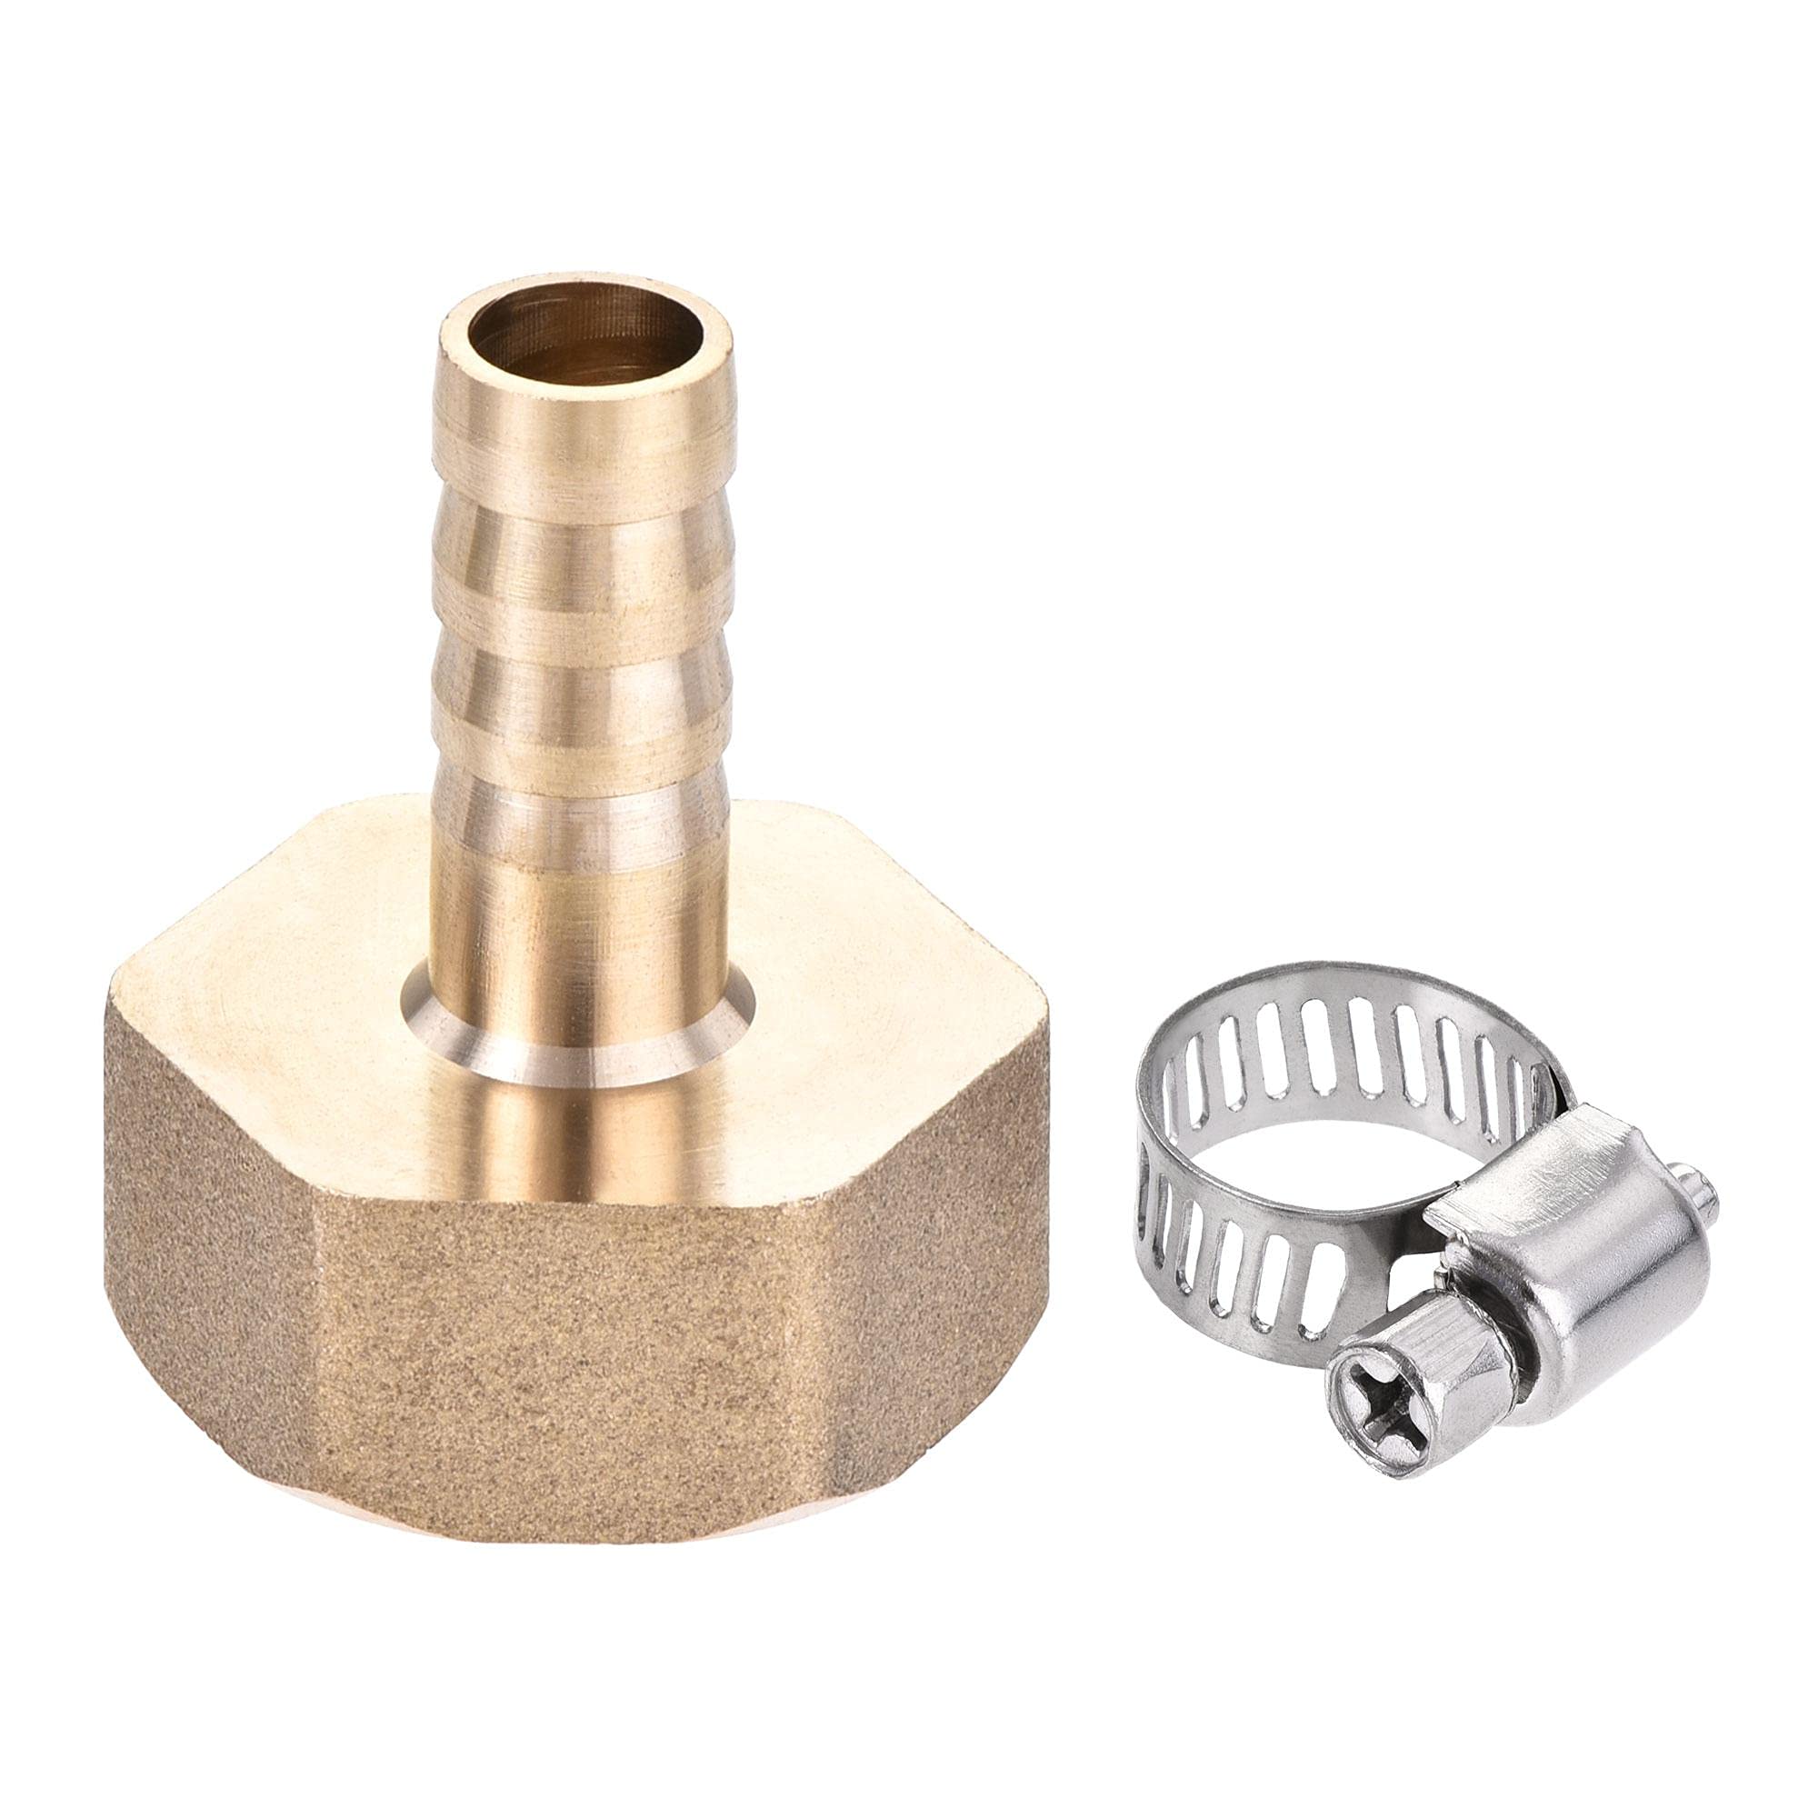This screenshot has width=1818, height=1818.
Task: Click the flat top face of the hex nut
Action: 283,988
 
